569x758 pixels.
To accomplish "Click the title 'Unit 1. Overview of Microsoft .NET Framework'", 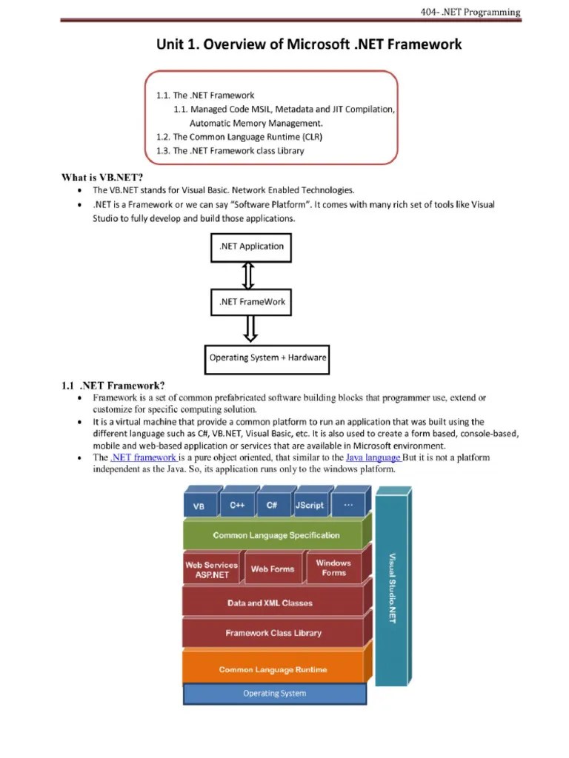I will tap(308, 44).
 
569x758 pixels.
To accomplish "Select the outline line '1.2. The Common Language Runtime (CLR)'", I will tap(239, 137).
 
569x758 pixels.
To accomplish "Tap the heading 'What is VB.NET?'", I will tap(101, 176).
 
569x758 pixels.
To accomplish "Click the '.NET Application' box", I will tap(251, 246).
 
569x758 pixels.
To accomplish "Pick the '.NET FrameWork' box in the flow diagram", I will tap(252, 301).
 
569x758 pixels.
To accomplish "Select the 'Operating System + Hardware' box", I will tap(267, 358).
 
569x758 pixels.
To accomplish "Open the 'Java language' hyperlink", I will tap(373, 457).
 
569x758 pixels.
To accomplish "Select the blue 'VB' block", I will tap(200, 506).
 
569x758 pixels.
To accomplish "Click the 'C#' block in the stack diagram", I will tap(272, 505).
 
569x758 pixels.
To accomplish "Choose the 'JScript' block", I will tap(309, 505).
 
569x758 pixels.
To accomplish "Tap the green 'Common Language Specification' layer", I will tap(276, 535).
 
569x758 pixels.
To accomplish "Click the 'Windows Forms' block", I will tap(333, 568).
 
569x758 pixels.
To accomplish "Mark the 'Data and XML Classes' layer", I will tap(270, 603).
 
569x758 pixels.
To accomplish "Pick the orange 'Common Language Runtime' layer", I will tap(273, 669).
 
